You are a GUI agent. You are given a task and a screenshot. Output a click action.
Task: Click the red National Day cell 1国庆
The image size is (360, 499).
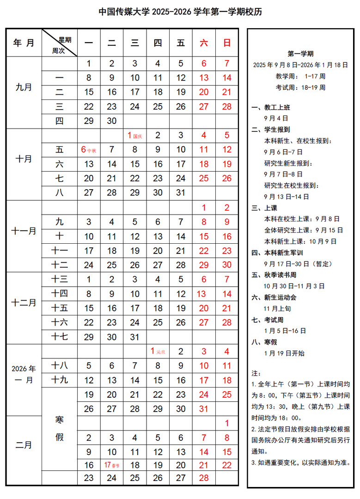pos(134,136)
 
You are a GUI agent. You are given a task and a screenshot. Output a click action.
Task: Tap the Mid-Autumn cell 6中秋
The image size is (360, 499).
pos(88,150)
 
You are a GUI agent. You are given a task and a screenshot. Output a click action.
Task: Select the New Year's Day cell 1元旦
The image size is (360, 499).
pos(158,351)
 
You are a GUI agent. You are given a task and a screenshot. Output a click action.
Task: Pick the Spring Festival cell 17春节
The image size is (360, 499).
pos(111,465)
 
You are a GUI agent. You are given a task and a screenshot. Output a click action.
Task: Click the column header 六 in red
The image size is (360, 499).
pos(204,43)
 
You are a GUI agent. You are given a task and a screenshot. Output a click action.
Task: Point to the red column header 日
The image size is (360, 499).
pos(227,43)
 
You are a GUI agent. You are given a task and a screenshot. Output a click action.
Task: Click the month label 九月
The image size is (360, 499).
pos(24,86)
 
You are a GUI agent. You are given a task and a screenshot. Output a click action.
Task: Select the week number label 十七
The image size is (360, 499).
pos(60,337)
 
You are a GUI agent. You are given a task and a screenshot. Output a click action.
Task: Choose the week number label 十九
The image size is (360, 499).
pos(60,380)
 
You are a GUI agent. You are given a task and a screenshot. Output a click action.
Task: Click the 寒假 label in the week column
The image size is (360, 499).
pos(60,428)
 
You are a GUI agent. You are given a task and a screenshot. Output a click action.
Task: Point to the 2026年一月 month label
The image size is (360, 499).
pos(24,374)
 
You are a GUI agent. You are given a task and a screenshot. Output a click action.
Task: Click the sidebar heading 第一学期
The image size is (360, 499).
pos(300,54)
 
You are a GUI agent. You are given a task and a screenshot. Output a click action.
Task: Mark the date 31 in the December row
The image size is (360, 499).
pos(134,337)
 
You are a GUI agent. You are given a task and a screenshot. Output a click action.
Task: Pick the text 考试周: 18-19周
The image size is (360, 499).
pos(300,87)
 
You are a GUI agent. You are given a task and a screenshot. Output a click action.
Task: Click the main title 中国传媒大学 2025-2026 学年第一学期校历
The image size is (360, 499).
pos(180,12)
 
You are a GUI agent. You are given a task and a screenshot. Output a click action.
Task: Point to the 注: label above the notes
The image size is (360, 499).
pos(256,373)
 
